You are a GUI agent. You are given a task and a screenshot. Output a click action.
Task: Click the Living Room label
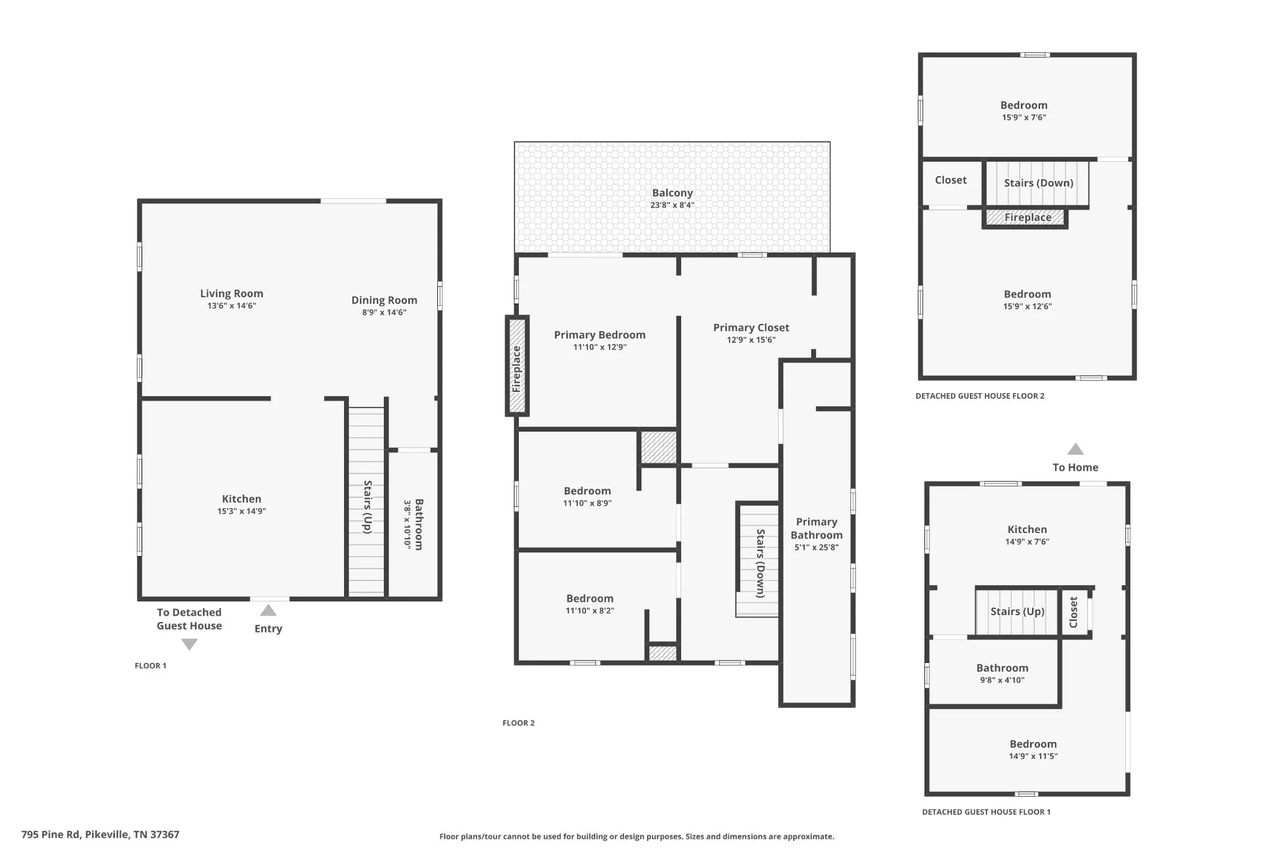[x=231, y=294]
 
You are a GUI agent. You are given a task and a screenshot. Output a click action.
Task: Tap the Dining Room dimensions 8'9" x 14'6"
[x=384, y=312]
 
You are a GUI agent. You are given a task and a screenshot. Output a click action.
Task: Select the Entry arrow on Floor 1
[x=268, y=610]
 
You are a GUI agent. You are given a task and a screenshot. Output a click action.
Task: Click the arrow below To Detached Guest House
[x=189, y=645]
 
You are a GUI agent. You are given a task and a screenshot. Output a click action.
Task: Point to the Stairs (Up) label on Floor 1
[x=368, y=507]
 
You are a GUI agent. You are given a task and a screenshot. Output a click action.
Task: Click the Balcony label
[x=672, y=193]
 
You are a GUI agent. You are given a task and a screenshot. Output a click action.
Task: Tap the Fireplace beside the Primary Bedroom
[x=517, y=366]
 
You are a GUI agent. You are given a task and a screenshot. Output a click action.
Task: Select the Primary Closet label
[x=751, y=328]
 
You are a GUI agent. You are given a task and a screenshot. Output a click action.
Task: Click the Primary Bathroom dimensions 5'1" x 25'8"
[x=816, y=547]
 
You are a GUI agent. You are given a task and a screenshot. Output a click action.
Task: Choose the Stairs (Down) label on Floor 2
[x=760, y=564]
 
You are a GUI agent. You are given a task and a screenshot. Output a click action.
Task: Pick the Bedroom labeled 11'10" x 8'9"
[x=587, y=491]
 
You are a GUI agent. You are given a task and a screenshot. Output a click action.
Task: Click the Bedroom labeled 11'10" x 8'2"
[x=590, y=599]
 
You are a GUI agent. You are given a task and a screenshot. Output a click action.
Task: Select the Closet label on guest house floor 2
[x=951, y=180]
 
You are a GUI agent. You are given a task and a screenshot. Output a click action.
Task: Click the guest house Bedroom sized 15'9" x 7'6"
[x=1024, y=106]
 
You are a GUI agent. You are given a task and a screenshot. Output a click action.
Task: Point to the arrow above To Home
[x=1076, y=449]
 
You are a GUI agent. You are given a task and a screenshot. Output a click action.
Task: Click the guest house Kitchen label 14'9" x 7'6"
[x=1027, y=530]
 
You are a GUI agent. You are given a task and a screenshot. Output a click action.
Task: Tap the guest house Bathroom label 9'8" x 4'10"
[x=1002, y=668]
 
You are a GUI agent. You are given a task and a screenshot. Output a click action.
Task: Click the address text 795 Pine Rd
[x=50, y=835]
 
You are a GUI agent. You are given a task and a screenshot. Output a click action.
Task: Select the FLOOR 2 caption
[x=519, y=723]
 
